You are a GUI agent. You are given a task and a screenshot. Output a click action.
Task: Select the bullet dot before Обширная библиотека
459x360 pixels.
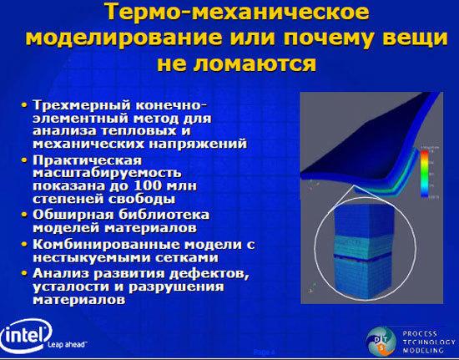25,214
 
